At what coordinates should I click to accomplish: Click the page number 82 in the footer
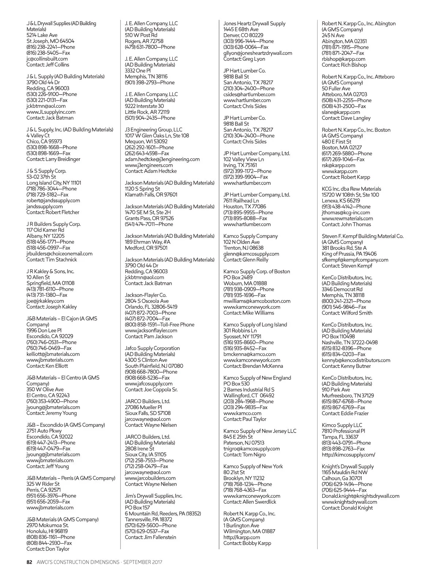[x=30, y=562]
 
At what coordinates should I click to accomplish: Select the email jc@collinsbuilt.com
[x=47, y=59]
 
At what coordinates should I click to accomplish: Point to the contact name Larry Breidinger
[x=63, y=159]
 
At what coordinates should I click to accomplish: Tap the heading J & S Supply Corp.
[x=46, y=171]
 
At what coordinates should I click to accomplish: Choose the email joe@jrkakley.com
[x=45, y=301]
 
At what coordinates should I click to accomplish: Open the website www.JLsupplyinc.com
[x=51, y=112]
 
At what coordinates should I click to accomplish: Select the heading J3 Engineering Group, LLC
[x=153, y=130]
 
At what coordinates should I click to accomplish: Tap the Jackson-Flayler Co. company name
[x=146, y=295]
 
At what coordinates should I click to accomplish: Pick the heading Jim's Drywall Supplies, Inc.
[x=153, y=496]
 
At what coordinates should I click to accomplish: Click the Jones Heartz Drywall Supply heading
[x=254, y=23]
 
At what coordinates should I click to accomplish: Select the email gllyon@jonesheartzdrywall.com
[x=258, y=53]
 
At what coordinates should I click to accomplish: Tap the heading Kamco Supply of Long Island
[x=255, y=325]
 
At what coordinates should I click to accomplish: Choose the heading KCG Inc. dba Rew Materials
[x=351, y=189]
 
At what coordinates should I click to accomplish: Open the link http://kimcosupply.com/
[x=348, y=455]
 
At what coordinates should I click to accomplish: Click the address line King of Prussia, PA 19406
[x=349, y=254]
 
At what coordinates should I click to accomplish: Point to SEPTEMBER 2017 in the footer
[x=143, y=562]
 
